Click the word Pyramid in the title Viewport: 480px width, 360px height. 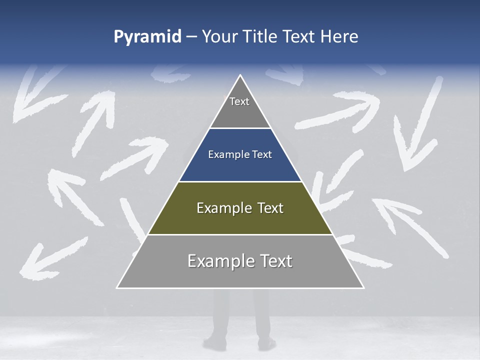(x=147, y=37)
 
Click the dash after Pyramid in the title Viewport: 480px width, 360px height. (x=191, y=37)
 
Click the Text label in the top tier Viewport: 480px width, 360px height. (x=239, y=101)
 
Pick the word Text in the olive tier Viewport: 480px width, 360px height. (x=270, y=208)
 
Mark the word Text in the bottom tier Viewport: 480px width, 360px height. (x=276, y=261)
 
